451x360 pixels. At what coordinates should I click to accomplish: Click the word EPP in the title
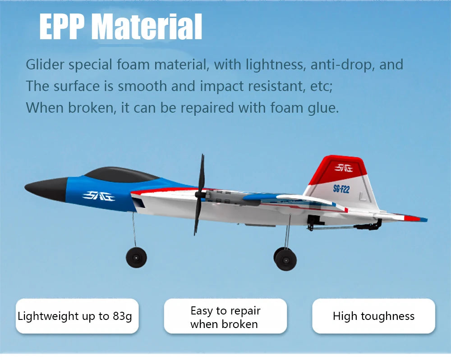click(x=62, y=27)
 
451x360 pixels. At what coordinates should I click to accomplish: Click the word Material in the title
click(x=147, y=27)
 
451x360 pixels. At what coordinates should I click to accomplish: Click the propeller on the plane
click(x=199, y=194)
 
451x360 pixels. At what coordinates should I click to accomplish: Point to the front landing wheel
click(x=136, y=257)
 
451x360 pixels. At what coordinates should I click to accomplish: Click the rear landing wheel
click(x=285, y=259)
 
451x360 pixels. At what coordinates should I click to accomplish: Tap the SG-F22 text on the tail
click(x=341, y=189)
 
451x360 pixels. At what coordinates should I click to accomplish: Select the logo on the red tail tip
click(x=344, y=168)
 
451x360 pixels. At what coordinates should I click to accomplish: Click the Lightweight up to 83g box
click(x=76, y=316)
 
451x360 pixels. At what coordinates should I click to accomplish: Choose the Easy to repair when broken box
click(x=225, y=317)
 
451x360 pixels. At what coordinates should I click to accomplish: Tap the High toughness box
click(x=373, y=316)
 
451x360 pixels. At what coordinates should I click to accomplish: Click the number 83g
click(x=122, y=316)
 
